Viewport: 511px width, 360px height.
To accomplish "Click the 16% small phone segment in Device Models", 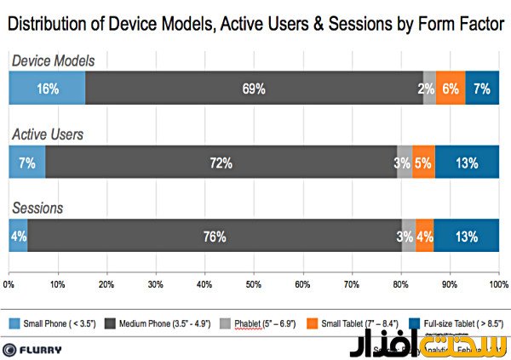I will (47, 88).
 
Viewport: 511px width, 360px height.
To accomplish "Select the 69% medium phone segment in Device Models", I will (254, 88).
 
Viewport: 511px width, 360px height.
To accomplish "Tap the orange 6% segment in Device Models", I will (451, 88).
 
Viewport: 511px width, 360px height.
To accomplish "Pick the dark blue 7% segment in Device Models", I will (482, 88).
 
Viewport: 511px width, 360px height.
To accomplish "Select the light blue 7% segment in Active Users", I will (26, 162).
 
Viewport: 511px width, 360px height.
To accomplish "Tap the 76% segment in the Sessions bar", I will (215, 236).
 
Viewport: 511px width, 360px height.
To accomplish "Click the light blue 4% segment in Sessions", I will (18, 236).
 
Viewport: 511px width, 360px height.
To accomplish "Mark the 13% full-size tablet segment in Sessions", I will (467, 236).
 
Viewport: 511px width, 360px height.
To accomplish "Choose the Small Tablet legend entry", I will (345, 322).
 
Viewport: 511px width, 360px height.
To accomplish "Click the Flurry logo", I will (34, 349).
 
